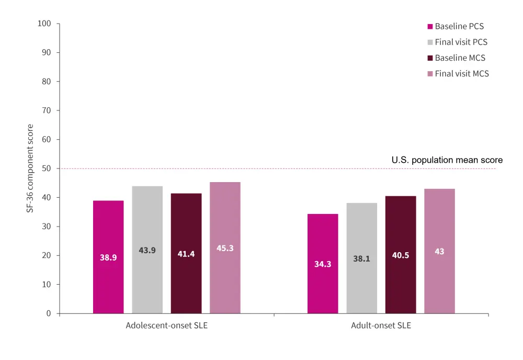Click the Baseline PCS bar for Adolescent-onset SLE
pyautogui.click(x=108, y=257)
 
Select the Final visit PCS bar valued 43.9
pyautogui.click(x=147, y=250)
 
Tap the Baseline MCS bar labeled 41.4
pyautogui.click(x=186, y=253)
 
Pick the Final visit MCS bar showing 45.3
pyautogui.click(x=225, y=248)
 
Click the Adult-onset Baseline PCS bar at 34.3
pyautogui.click(x=323, y=264)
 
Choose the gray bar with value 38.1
pyautogui.click(x=361, y=258)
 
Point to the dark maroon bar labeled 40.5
pyautogui.click(x=401, y=255)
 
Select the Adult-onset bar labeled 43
pyautogui.click(x=439, y=251)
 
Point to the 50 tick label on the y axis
pyautogui.click(x=47, y=168)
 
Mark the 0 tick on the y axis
pyautogui.click(x=49, y=313)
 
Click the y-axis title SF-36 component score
pyautogui.click(x=30, y=168)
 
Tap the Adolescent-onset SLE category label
pyautogui.click(x=166, y=325)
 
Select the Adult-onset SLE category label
pyautogui.click(x=381, y=325)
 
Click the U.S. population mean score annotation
pyautogui.click(x=447, y=160)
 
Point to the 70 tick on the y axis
pyautogui.click(x=47, y=110)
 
